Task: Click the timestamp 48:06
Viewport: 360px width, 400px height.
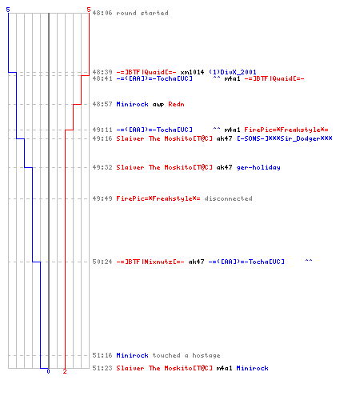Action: coord(102,13)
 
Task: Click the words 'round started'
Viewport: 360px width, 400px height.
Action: coord(142,13)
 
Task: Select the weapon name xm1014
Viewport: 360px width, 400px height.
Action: coord(192,72)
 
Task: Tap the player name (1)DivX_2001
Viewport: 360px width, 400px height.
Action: coord(232,72)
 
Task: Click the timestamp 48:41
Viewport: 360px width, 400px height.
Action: coord(102,78)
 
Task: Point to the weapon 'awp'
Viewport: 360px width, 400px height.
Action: coord(158,105)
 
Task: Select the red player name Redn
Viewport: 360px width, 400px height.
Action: coord(176,104)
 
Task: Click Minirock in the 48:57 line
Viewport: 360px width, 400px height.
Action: coord(132,104)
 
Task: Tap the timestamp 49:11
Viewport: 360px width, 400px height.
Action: coord(102,130)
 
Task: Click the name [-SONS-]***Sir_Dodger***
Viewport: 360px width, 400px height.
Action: coord(285,138)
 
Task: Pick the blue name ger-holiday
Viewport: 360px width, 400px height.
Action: coord(258,167)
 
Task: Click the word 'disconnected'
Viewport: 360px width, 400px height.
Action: coord(228,198)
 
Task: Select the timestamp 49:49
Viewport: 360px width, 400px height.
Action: coord(102,198)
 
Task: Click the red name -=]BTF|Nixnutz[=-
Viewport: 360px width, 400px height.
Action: coord(150,262)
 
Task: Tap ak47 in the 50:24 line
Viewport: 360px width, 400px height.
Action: coord(196,262)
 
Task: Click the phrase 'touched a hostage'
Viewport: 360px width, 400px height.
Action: coord(186,355)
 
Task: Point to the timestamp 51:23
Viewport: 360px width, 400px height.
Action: coord(102,368)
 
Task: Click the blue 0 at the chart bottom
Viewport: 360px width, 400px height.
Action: coord(48,371)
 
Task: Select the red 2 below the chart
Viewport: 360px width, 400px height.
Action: coord(65,371)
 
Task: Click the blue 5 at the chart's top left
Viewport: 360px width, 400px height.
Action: coord(8,10)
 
